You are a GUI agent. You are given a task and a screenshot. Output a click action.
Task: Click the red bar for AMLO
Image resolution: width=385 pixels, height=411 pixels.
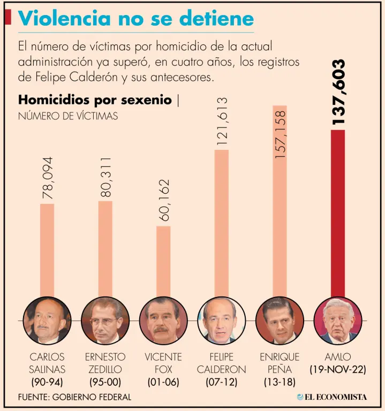click(x=337, y=214)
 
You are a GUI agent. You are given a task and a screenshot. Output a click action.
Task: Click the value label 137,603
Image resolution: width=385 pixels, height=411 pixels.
click(x=338, y=92)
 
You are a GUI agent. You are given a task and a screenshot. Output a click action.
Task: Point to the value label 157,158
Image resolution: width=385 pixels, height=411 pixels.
click(x=280, y=133)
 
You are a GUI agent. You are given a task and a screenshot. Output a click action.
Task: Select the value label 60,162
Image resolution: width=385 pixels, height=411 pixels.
click(x=163, y=200)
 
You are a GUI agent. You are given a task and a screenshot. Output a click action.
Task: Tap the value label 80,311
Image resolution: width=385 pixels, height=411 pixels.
click(x=105, y=177)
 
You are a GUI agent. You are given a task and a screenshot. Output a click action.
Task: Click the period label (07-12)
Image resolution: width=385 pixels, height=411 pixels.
click(x=221, y=383)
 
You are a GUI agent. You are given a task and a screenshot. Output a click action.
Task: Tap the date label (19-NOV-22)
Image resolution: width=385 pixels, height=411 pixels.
click(x=337, y=370)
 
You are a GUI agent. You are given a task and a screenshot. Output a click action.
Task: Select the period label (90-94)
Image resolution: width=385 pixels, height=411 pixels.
click(x=47, y=383)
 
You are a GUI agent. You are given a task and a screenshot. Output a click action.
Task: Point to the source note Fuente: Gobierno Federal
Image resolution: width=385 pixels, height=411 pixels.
click(x=74, y=397)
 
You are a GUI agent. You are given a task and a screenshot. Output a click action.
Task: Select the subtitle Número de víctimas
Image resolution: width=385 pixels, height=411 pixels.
click(x=68, y=116)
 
